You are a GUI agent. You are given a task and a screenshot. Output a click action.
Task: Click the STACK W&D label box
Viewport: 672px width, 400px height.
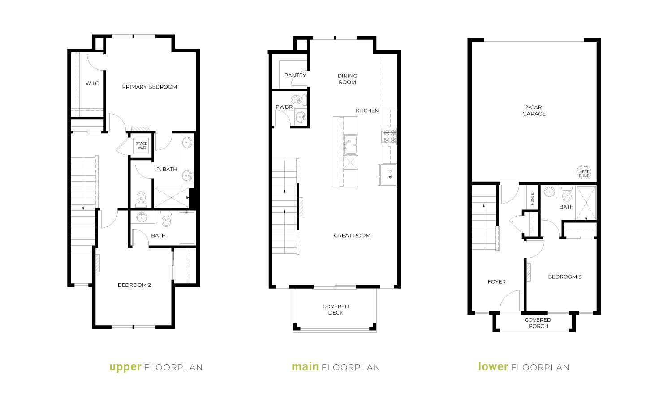click(142, 145)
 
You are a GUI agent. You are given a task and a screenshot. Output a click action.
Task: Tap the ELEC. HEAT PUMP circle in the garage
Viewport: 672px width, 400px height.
click(584, 172)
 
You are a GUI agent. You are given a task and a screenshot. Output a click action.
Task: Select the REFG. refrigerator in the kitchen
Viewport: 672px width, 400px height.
click(389, 174)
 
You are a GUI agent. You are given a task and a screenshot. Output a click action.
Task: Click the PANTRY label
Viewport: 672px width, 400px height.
click(295, 75)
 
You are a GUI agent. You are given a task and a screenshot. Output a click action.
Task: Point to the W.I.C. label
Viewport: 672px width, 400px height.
click(93, 84)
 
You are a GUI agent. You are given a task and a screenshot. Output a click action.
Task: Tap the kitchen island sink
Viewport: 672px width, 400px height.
click(350, 145)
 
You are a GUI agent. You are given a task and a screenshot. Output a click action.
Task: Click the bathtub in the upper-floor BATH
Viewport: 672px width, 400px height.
click(187, 228)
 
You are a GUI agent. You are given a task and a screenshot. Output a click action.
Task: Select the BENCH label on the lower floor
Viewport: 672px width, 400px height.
click(532, 199)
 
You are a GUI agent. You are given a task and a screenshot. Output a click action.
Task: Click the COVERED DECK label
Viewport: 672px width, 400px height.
click(336, 310)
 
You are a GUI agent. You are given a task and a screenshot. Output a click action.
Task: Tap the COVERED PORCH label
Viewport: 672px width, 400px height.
click(538, 323)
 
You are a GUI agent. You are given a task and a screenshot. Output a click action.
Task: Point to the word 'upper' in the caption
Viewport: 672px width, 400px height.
click(125, 367)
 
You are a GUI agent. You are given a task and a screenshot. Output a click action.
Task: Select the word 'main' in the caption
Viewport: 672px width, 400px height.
click(305, 366)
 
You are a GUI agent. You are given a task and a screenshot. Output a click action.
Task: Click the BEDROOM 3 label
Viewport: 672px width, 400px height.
click(564, 277)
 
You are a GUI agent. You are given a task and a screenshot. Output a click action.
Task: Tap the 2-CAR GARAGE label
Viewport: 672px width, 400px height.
click(534, 111)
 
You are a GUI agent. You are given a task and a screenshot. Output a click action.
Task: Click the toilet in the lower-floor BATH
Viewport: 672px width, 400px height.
click(567, 194)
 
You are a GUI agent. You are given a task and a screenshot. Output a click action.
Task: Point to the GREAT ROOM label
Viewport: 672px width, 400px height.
click(352, 235)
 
